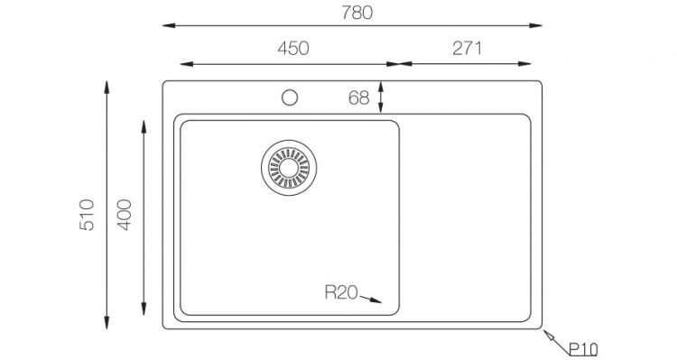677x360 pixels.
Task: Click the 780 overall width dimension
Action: [357, 13]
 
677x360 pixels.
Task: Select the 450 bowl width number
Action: [293, 49]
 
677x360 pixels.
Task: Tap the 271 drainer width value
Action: [467, 49]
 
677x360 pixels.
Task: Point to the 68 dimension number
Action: [359, 98]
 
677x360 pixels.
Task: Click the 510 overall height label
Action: [87, 215]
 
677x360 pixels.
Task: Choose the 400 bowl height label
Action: [124, 215]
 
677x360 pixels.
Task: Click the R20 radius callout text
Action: [341, 292]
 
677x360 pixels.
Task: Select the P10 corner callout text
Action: [583, 349]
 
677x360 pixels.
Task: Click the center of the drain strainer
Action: [289, 167]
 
